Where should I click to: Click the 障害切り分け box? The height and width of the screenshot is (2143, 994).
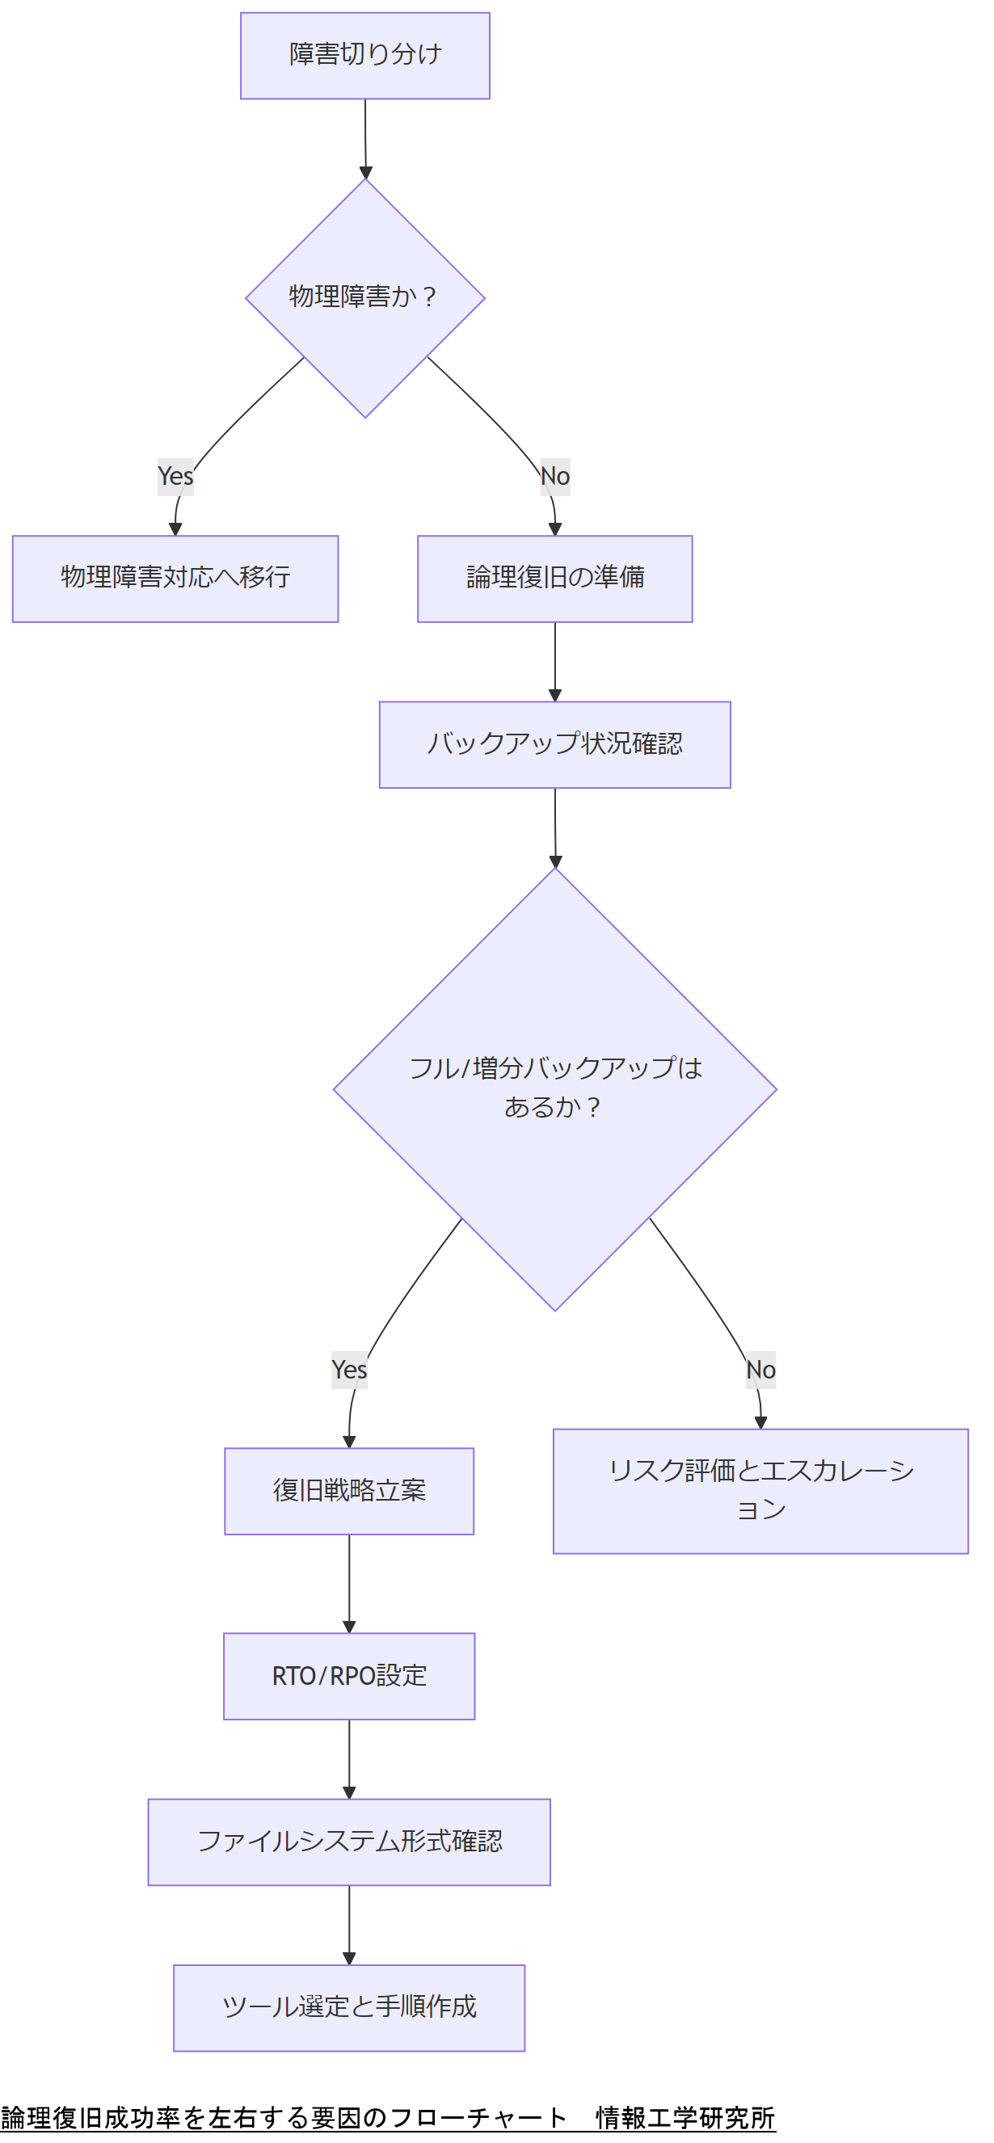[x=364, y=56]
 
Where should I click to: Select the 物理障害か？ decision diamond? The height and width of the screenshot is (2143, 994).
[x=364, y=298]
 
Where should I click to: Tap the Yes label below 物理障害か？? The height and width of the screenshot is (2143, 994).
[x=175, y=477]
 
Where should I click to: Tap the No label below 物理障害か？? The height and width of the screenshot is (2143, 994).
[x=555, y=477]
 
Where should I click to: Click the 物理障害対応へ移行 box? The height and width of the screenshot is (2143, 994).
[x=175, y=579]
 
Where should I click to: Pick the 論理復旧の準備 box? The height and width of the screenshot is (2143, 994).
[x=555, y=579]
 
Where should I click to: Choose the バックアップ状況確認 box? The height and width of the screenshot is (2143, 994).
[x=555, y=744]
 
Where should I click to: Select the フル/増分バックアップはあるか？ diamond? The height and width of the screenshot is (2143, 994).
[x=555, y=1088]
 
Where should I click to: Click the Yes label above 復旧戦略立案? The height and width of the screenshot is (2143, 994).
[x=349, y=1370]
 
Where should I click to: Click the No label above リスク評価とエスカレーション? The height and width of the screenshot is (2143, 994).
[x=760, y=1370]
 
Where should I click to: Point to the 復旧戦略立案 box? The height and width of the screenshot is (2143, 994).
[x=349, y=1491]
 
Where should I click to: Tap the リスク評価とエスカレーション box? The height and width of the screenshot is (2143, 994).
[x=760, y=1491]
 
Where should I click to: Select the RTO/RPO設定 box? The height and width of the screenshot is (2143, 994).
[x=349, y=1675]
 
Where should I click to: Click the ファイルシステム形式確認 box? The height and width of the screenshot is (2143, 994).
[x=349, y=1842]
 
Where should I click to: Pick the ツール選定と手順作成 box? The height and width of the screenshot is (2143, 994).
[x=349, y=2007]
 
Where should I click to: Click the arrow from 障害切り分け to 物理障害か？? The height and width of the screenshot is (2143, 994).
[x=365, y=138]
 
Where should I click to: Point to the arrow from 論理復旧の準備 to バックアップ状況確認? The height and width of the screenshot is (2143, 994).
[x=555, y=661]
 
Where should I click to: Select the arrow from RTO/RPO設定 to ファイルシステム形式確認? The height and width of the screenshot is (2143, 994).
[x=349, y=1758]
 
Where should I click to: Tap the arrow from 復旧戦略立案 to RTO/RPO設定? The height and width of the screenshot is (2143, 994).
[x=349, y=1583]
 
